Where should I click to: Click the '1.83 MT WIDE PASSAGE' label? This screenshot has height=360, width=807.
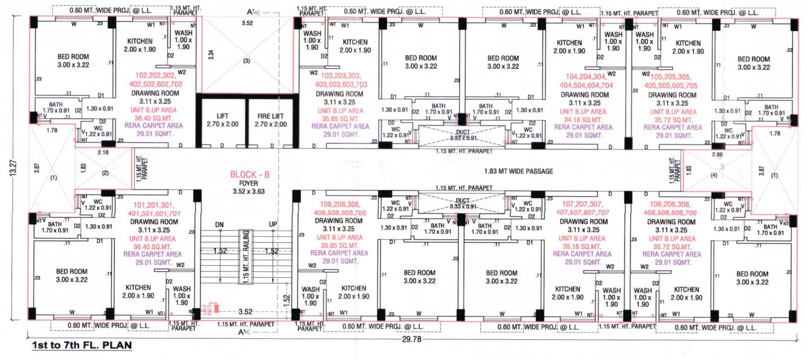coord(518,172)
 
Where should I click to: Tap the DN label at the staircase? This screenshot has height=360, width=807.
coord(220,225)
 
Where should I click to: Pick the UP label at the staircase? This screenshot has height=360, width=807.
coord(273,225)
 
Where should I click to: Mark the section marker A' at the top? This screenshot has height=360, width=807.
coord(241,11)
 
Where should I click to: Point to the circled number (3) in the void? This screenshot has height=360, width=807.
coord(246,60)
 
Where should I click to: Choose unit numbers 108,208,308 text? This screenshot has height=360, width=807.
coord(344,205)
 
